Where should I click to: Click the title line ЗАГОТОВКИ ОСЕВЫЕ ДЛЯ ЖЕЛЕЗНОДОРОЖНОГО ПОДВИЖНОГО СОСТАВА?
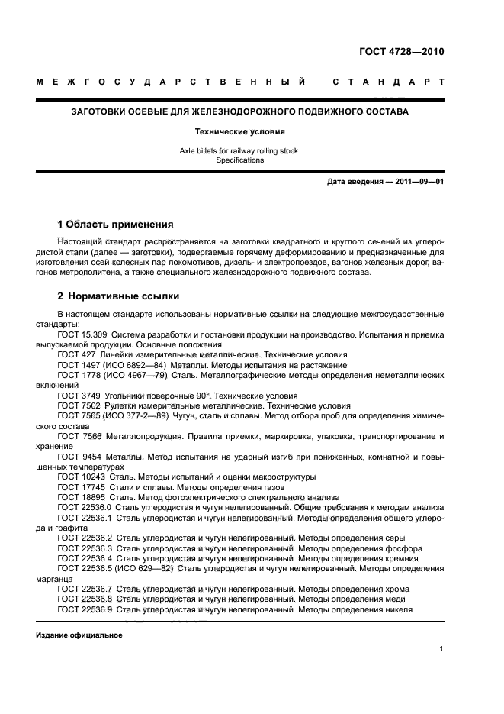pyautogui.click(x=239, y=111)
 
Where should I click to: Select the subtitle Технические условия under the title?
pyautogui.click(x=239, y=131)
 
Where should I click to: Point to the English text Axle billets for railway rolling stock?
pyautogui.click(x=239, y=151)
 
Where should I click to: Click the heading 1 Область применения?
pyautogui.click(x=115, y=225)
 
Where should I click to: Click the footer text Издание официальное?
pyautogui.click(x=79, y=635)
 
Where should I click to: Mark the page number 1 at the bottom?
pyautogui.click(x=441, y=649)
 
